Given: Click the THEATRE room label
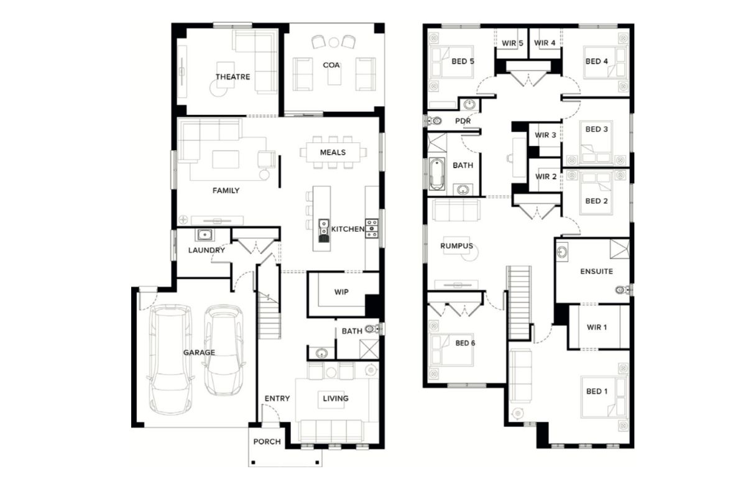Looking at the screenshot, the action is (233, 77).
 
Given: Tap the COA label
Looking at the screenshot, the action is (331, 65).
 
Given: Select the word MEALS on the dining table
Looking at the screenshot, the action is (333, 152).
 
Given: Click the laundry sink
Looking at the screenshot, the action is (205, 235).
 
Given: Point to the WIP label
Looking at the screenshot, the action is (341, 292).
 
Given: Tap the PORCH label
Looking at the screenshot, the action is (267, 442).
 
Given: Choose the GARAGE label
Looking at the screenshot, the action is (199, 352).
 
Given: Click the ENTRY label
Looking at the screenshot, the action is (277, 398).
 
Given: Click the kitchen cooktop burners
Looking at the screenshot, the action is (372, 229).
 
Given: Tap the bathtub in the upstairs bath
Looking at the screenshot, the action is (436, 174).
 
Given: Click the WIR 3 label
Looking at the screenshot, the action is (546, 135).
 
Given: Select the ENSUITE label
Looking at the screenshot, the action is (596, 271).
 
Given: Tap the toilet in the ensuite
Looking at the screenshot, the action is (622, 290).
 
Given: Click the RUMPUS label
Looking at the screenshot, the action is (456, 246).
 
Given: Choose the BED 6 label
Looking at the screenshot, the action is (465, 343).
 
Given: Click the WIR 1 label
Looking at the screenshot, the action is (597, 327).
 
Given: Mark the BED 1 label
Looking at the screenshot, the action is (597, 391).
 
